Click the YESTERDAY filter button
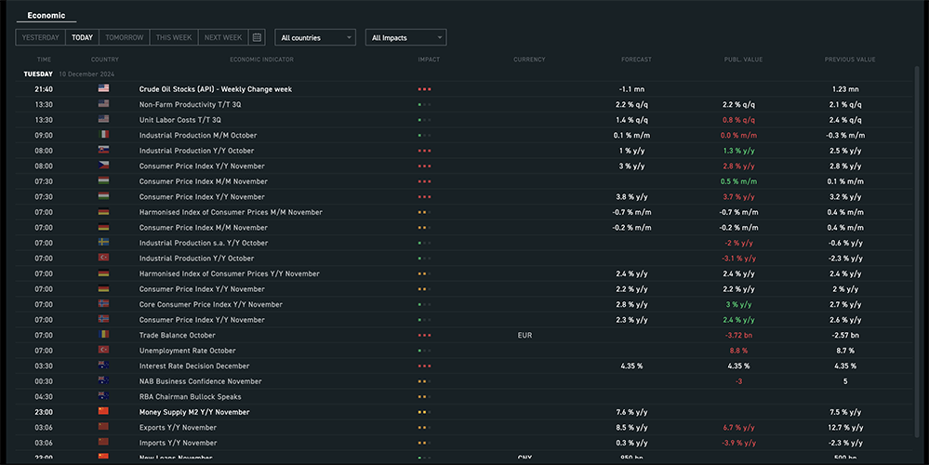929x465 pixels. (41, 37)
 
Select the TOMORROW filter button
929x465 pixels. (125, 37)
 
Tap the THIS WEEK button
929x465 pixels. (174, 37)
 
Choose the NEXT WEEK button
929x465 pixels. (223, 37)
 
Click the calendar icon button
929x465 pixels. (258, 37)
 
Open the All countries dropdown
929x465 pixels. (316, 37)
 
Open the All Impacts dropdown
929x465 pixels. (405, 37)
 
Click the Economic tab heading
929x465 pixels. (46, 15)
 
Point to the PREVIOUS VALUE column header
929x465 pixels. (849, 60)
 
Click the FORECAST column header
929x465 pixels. (636, 60)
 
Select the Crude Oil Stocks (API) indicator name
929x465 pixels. (216, 89)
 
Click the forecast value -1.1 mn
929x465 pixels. (633, 89)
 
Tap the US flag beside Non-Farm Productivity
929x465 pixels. (103, 104)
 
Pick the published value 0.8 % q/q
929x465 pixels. (738, 120)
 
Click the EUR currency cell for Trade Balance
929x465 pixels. (524, 335)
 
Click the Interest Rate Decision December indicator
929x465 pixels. (194, 365)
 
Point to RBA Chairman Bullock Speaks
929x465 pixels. (190, 396)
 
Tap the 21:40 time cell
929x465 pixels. (44, 89)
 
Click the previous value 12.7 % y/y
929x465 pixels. (845, 427)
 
